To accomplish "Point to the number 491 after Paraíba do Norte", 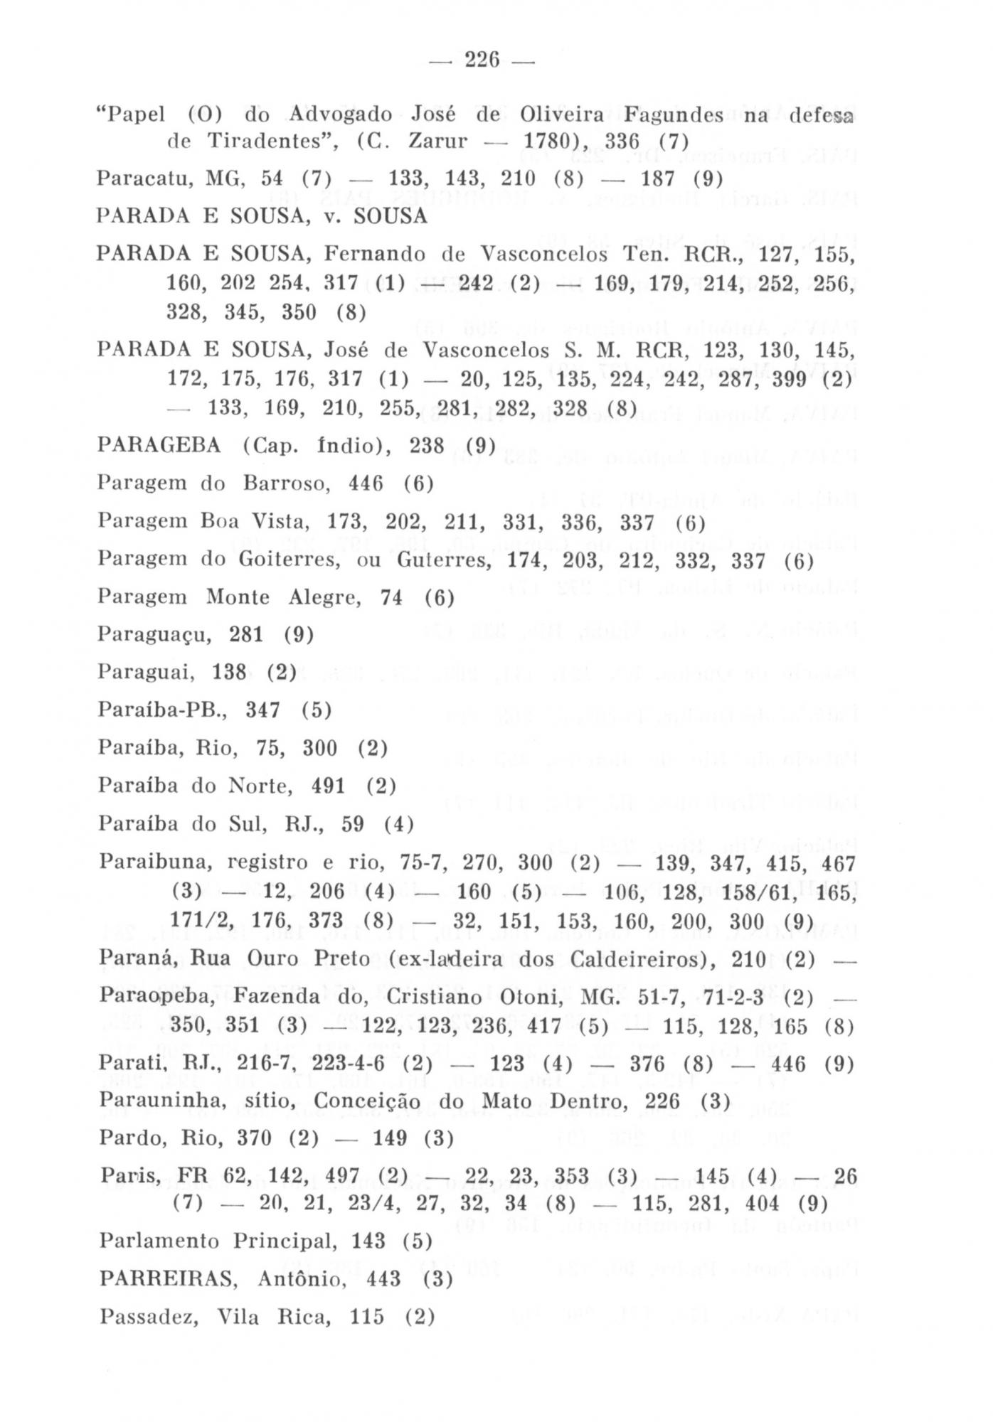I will tap(328, 786).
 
